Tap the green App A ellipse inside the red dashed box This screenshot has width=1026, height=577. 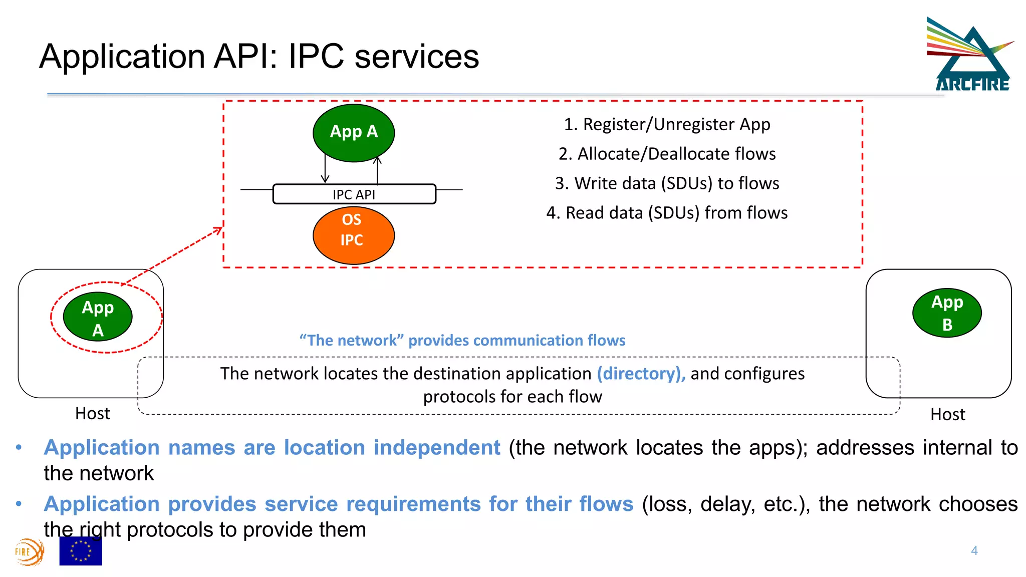pyautogui.click(x=354, y=133)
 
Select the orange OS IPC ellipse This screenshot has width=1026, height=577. pyautogui.click(x=354, y=235)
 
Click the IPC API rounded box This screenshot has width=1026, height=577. pyautogui.click(x=354, y=194)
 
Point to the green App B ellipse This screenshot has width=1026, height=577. pyautogui.click(x=947, y=313)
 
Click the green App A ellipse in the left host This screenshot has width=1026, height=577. pyautogui.click(x=98, y=317)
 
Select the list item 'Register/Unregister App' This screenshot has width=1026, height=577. pyautogui.click(x=667, y=124)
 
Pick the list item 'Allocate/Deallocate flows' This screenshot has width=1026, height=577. pyautogui.click(x=667, y=154)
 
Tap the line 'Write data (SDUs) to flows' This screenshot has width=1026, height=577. pyautogui.click(x=667, y=183)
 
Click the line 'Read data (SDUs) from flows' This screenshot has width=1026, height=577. pyautogui.click(x=667, y=213)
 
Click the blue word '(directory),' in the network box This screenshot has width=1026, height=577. pyautogui.click(x=641, y=374)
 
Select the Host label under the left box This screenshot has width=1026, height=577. pyautogui.click(x=92, y=414)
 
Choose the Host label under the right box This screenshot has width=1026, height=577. pyautogui.click(x=947, y=415)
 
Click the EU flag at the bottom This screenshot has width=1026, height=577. pyautogui.click(x=81, y=551)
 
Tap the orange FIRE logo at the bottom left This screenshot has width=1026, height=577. pyautogui.click(x=29, y=552)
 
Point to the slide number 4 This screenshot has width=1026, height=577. pyautogui.click(x=974, y=550)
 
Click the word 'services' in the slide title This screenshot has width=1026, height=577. pyautogui.click(x=416, y=56)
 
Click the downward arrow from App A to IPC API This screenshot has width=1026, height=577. pyautogui.click(x=325, y=170)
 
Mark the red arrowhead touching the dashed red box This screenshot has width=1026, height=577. pyautogui.click(x=218, y=230)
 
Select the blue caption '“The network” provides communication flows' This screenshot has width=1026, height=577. pyautogui.click(x=462, y=341)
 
